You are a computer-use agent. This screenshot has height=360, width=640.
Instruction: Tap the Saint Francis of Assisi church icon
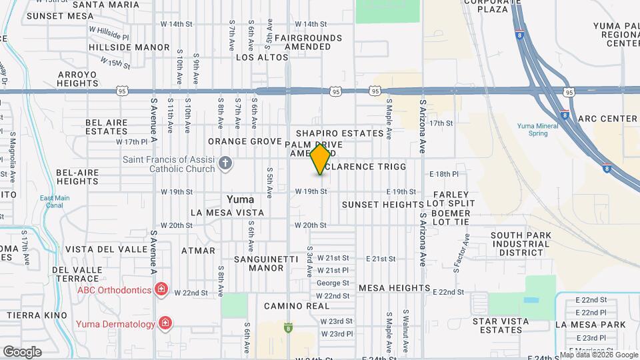(x=226, y=162)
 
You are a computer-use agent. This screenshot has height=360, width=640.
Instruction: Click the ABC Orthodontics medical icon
(x=161, y=289)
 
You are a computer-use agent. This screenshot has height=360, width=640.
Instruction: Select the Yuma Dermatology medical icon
(x=165, y=324)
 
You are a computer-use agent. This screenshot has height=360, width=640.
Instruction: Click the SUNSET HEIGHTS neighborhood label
(x=382, y=204)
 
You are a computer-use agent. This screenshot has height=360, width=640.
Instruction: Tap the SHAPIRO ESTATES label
(x=339, y=133)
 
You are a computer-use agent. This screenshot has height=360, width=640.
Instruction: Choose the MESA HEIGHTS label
(x=394, y=288)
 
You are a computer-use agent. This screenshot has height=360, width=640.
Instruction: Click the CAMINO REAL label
(x=296, y=306)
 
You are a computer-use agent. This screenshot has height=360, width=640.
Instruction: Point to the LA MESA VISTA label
(x=227, y=213)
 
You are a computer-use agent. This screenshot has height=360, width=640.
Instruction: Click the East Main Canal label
(x=54, y=201)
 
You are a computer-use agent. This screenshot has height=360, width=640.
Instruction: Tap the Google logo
(x=22, y=351)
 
